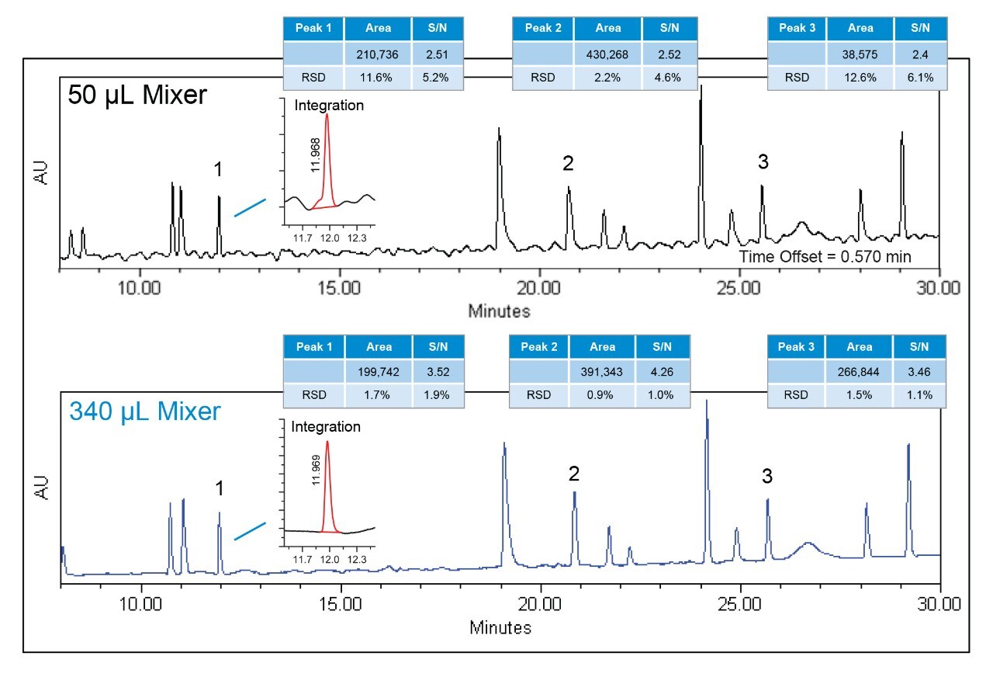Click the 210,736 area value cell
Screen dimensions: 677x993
pos(377,54)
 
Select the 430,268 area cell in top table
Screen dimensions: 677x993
pos(607,54)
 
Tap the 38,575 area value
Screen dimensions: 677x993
pos(860,54)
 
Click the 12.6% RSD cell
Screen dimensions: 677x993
pos(860,78)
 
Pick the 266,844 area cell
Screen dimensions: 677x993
pos(860,372)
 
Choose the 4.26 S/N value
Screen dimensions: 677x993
pos(663,372)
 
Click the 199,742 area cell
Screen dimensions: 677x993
pos(377,372)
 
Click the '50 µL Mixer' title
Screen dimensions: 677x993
pos(137,95)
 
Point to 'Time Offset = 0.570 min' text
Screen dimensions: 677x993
pos(825,256)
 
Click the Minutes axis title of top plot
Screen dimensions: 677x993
pos(500,311)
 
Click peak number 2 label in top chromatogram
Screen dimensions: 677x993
pos(568,163)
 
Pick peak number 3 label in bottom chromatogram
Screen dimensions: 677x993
pos(766,476)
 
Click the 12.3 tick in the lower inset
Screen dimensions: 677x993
pos(356,559)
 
